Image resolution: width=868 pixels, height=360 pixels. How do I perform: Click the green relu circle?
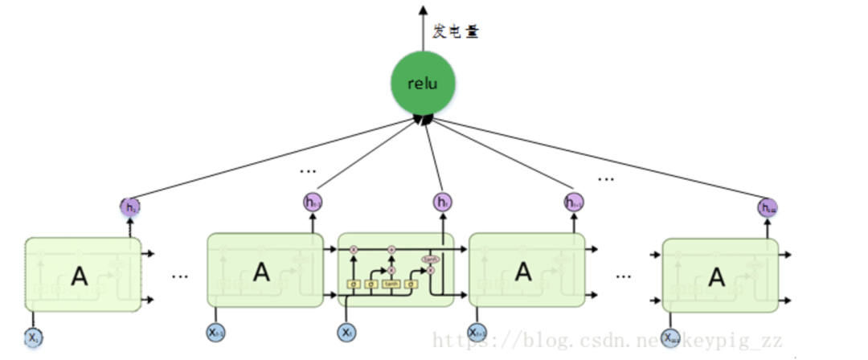pyautogui.click(x=423, y=84)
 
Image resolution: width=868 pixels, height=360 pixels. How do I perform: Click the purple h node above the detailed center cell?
pyautogui.click(x=442, y=202)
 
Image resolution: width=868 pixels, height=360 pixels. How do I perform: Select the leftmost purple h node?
pyautogui.click(x=131, y=207)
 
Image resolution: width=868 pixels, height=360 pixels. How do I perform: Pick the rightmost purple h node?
pyautogui.click(x=768, y=207)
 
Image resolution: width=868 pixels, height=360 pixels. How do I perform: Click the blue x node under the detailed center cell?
pyautogui.click(x=346, y=331)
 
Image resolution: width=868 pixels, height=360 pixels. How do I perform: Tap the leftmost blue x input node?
pyautogui.click(x=33, y=337)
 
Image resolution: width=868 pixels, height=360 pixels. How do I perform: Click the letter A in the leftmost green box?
pyautogui.click(x=79, y=276)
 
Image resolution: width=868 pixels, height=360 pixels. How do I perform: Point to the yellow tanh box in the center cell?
pyautogui.click(x=391, y=284)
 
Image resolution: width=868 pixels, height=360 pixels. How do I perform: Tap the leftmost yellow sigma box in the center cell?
pyautogui.click(x=353, y=284)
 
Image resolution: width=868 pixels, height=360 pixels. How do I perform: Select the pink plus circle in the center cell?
pyautogui.click(x=391, y=251)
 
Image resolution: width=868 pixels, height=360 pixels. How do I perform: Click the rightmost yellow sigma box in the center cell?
pyautogui.click(x=411, y=284)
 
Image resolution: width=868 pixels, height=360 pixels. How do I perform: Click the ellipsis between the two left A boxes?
pyautogui.click(x=180, y=275)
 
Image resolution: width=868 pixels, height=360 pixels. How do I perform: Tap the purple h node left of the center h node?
pyautogui.click(x=312, y=202)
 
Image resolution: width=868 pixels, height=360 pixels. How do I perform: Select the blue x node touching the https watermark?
pyautogui.click(x=477, y=332)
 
